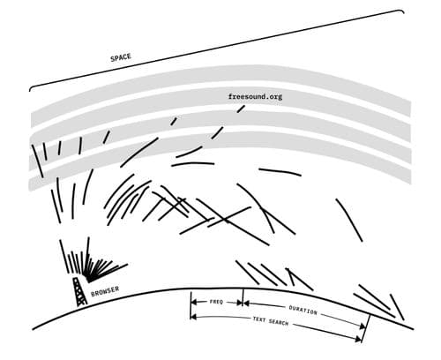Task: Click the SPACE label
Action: [x=121, y=57]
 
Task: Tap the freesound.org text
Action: [x=255, y=96]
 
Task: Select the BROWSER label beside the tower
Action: [x=105, y=291]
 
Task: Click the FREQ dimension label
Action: [x=217, y=302]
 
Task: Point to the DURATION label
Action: [x=303, y=310]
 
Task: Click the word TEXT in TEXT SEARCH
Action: [x=259, y=319]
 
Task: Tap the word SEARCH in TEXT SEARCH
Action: [x=279, y=323]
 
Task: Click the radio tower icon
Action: [x=80, y=291]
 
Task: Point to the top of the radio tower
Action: [x=76, y=278]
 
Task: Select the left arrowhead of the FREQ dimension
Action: [x=194, y=302]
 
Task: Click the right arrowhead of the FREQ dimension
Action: [x=239, y=303]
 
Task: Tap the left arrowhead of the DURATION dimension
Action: [x=246, y=303]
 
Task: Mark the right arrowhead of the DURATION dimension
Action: [x=363, y=326]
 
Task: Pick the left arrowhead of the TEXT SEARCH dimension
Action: [x=193, y=317]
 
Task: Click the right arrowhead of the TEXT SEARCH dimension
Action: [x=358, y=339]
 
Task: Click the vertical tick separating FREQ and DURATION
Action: [x=243, y=297]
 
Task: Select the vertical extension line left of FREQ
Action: [x=191, y=305]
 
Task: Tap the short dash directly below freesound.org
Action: [x=241, y=109]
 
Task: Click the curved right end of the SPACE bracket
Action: [x=401, y=11]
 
